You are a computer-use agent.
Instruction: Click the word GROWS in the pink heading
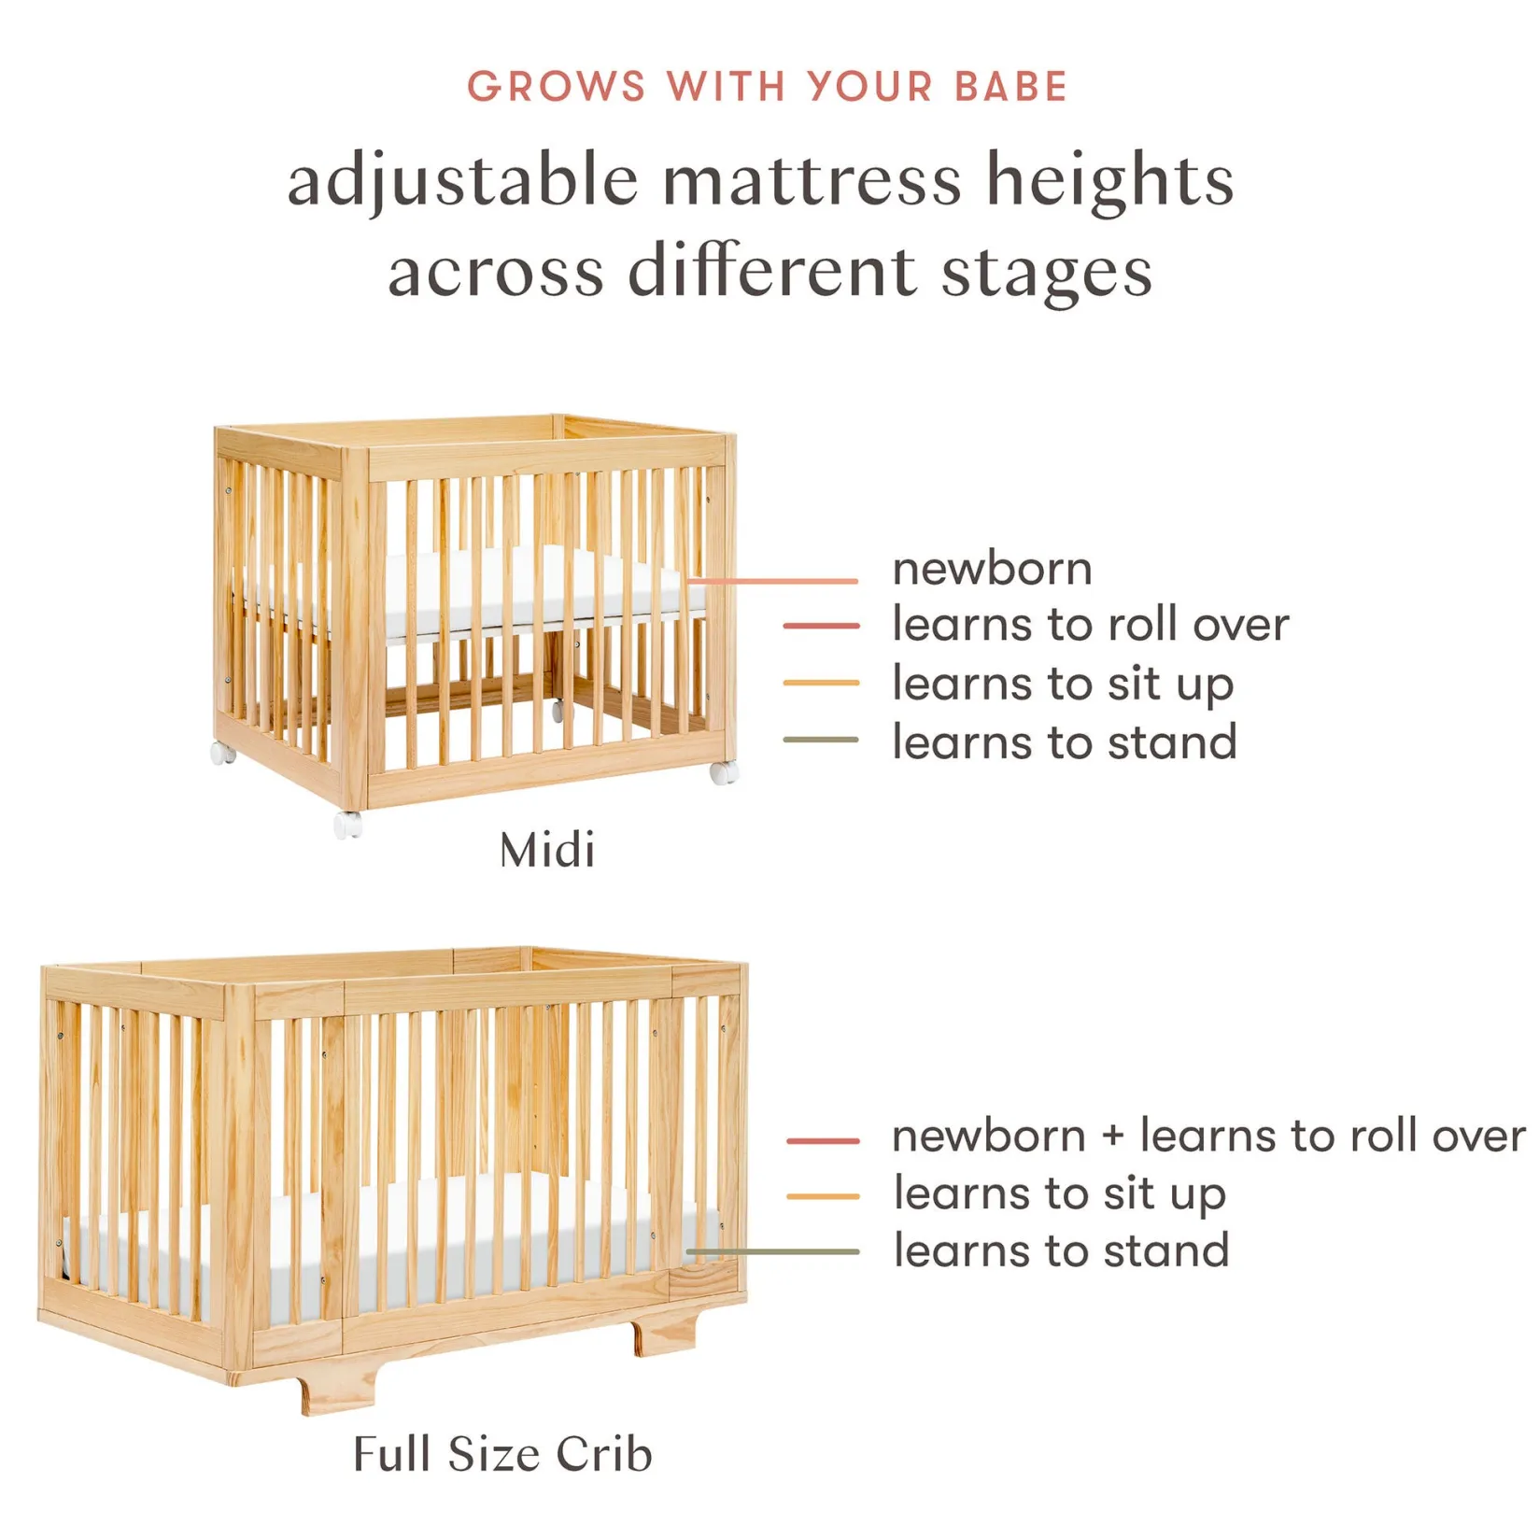557,87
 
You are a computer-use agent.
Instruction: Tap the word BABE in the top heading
1010,87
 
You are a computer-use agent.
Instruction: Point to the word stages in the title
1046,273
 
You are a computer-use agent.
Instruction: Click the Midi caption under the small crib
547,850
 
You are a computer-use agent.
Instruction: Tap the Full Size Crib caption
502,1454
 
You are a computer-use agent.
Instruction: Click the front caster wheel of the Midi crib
348,825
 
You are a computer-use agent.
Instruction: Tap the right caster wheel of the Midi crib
724,771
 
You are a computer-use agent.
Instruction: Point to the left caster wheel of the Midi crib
222,753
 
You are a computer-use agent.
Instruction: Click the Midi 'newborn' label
992,569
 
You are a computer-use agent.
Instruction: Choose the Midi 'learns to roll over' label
1090,624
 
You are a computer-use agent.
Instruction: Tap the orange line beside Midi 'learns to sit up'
821,683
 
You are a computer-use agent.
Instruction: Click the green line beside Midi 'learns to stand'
821,740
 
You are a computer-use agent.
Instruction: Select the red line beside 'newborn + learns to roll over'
823,1140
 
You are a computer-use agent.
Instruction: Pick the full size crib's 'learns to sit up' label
1059,1195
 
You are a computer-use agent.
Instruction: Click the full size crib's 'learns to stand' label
1061,1250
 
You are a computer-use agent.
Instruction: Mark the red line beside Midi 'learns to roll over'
821,625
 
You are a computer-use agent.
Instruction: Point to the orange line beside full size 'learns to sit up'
823,1196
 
